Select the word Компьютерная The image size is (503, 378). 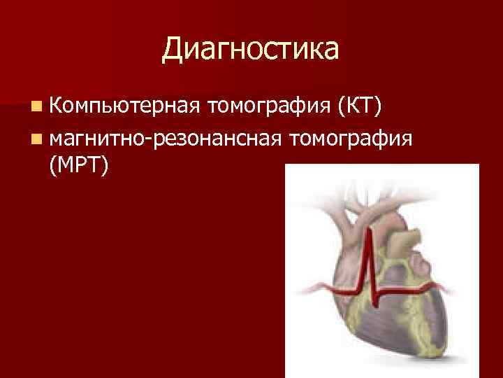[125, 108]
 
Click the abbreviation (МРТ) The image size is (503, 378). [78, 165]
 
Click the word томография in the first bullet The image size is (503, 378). [269, 108]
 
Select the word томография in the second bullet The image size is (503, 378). [353, 137]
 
